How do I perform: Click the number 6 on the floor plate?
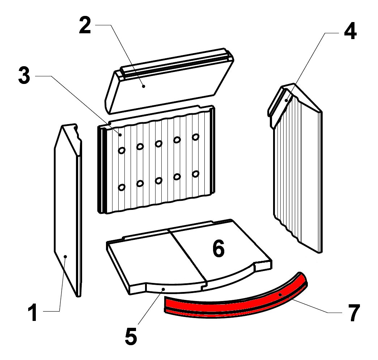pyautogui.click(x=218, y=249)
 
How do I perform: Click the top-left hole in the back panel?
pyautogui.click(x=122, y=150)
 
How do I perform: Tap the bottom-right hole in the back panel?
pyautogui.click(x=196, y=174)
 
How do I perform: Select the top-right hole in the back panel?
pyautogui.click(x=196, y=137)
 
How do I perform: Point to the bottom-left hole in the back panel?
pyautogui.click(x=122, y=187)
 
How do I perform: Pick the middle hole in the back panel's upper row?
pyautogui.click(x=158, y=144)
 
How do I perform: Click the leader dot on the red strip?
pyautogui.click(x=280, y=295)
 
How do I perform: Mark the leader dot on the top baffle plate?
pyautogui.click(x=144, y=86)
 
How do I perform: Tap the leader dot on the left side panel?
pyautogui.click(x=65, y=257)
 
